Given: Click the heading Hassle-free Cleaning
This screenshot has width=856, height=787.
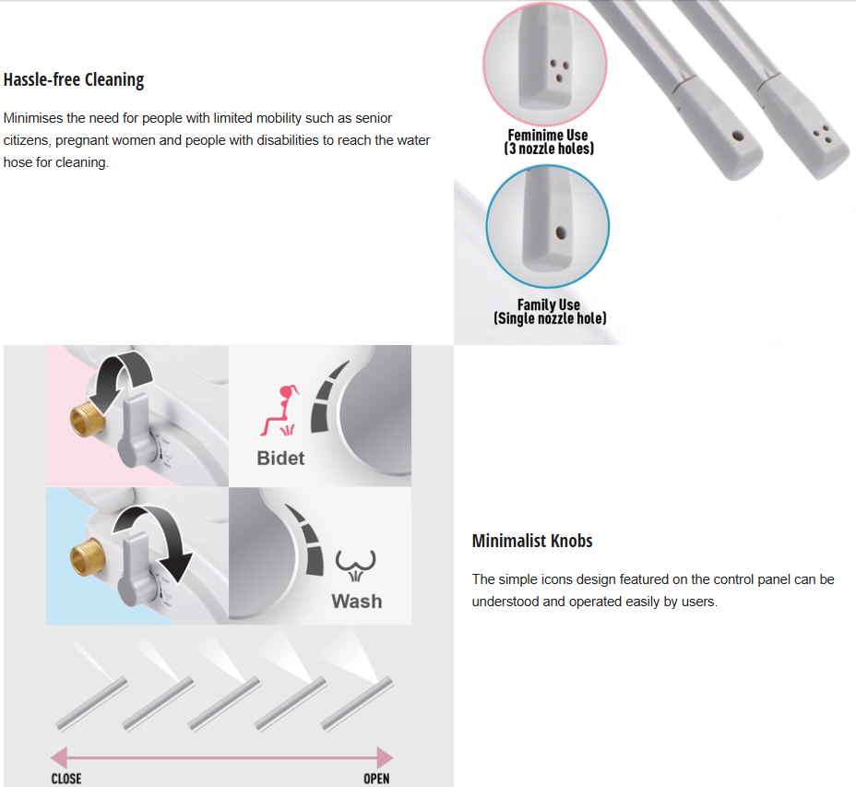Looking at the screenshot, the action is coord(74,79).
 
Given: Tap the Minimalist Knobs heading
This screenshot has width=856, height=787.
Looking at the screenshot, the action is coord(532,541).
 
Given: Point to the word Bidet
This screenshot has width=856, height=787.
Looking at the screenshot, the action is coord(280,458).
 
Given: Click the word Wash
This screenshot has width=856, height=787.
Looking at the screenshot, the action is coord(357,601).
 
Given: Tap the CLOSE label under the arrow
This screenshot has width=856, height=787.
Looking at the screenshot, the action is coord(66,779).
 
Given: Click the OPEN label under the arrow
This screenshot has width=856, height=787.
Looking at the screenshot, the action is coord(376,779).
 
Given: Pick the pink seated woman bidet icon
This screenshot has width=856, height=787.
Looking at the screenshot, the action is coord(279,411).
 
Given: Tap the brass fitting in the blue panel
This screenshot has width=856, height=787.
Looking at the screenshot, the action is coord(88,557).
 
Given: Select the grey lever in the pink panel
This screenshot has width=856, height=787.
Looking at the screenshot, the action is coord(137,432).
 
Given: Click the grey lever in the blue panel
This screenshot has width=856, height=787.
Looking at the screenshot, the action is coord(137,571).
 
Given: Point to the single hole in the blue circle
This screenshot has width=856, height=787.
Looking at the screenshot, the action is coord(560,233).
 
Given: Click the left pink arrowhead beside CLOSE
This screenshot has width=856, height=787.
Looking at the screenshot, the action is coord(59,757).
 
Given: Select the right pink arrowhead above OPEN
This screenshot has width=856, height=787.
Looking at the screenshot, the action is coord(385,757).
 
